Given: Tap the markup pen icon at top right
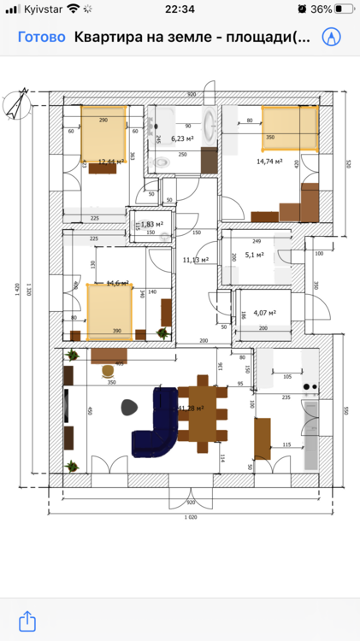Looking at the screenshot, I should pyautogui.click(x=331, y=38).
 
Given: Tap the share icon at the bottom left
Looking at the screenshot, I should pyautogui.click(x=27, y=620).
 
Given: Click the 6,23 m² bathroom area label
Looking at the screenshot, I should pyautogui.click(x=181, y=138).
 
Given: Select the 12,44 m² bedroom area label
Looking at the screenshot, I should pyautogui.click(x=111, y=161).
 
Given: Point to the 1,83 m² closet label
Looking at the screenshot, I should pyautogui.click(x=152, y=224).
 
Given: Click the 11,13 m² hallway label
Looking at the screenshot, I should pyautogui.click(x=197, y=260).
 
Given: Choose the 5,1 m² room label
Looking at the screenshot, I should pyautogui.click(x=254, y=254).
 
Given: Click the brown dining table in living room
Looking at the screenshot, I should pyautogui.click(x=203, y=414).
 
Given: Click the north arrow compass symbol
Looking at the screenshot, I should pyautogui.click(x=18, y=104).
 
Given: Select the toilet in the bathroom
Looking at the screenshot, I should pyautogui.click(x=159, y=162).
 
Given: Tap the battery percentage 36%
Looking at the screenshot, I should pyautogui.click(x=322, y=9).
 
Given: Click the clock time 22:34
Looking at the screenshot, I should pyautogui.click(x=180, y=9).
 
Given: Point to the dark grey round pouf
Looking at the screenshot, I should pyautogui.click(x=129, y=407).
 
